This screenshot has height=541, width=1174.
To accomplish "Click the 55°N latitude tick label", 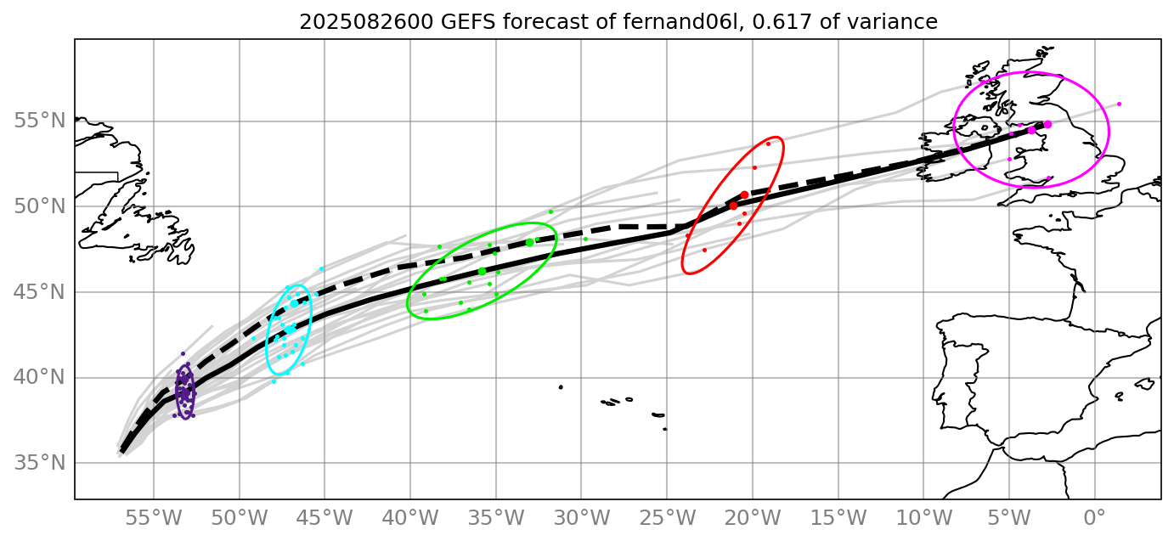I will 40,121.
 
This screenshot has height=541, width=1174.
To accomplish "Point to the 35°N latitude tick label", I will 40,464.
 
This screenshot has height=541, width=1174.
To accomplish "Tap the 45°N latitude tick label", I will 40,292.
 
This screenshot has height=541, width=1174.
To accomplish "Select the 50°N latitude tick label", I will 40,207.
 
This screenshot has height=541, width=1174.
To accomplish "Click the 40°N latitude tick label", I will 40,378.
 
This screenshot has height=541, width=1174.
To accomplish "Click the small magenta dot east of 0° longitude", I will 1119,104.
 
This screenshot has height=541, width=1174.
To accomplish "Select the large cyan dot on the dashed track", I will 294,303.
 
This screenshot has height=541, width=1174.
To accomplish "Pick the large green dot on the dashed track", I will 529,242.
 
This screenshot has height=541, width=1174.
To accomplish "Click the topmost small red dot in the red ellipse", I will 768,144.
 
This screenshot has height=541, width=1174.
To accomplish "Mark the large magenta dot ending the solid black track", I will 1047,124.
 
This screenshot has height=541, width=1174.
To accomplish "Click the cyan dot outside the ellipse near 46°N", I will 321,268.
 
